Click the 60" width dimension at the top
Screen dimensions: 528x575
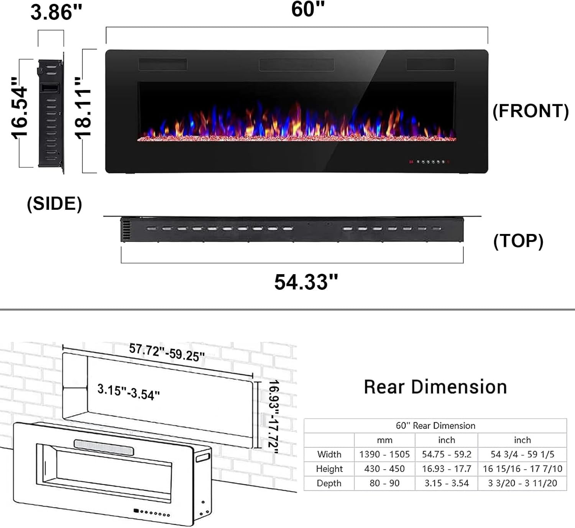[308, 10]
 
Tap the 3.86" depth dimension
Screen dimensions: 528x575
[56, 13]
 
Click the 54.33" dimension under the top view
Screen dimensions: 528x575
[306, 282]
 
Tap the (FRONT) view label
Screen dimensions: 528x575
[531, 111]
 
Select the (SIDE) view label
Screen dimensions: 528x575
[54, 203]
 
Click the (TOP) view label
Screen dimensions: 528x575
[518, 241]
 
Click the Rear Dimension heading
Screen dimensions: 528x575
[435, 387]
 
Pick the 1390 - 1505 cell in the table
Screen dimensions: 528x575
[384, 454]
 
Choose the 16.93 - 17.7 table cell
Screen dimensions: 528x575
[447, 469]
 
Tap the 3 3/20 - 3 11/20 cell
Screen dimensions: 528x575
[522, 483]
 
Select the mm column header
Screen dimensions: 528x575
[384, 440]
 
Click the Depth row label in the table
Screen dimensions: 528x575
[329, 483]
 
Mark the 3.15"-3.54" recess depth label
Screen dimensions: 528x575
[128, 392]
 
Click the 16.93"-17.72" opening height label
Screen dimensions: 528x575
[273, 416]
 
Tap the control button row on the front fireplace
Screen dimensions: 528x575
[430, 162]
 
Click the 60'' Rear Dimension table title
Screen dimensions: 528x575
[435, 426]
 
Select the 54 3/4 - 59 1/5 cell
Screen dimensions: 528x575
[522, 454]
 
